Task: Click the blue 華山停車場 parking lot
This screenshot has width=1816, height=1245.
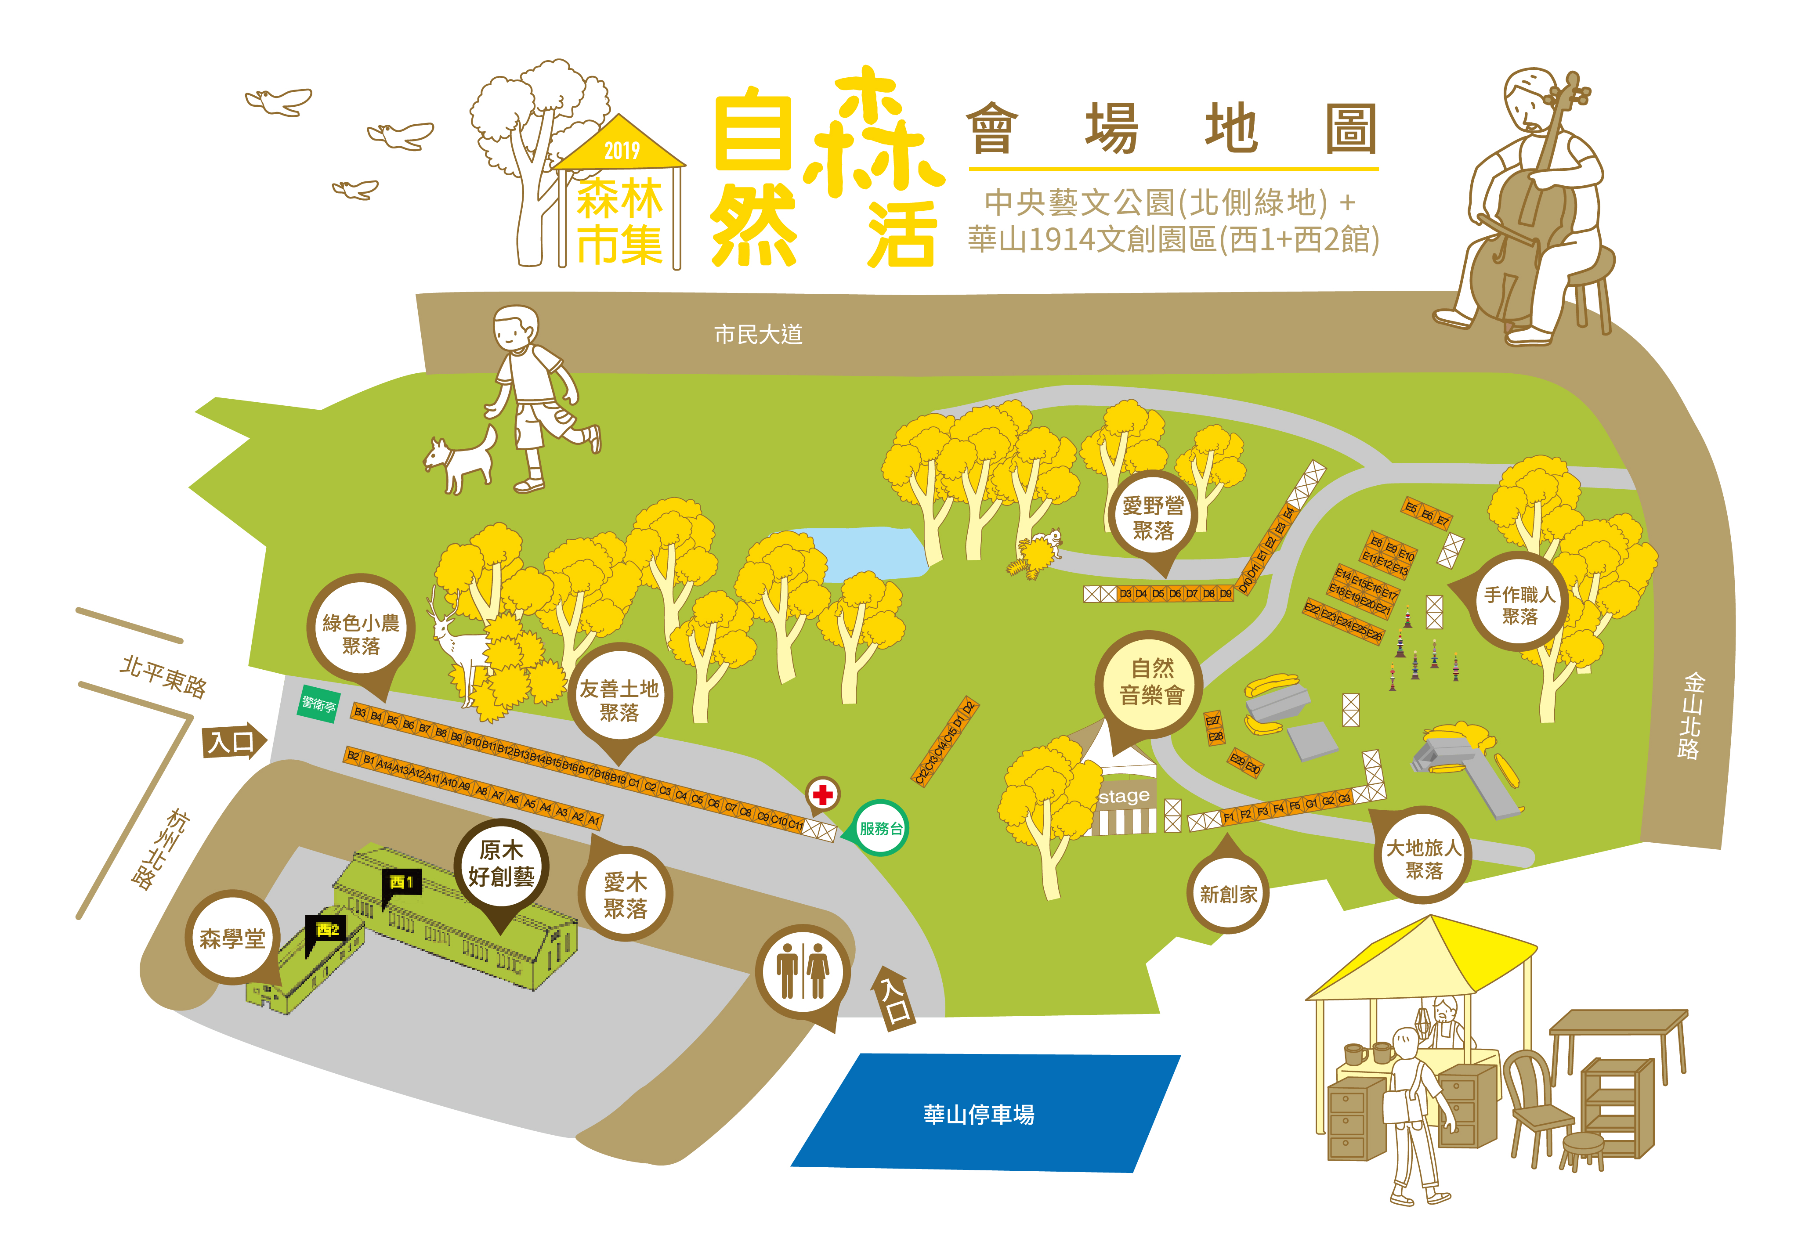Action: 984,1113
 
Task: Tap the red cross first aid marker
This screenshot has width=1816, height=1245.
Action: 822,794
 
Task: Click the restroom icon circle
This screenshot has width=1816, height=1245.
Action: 803,972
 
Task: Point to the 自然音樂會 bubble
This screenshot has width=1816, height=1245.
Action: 1151,682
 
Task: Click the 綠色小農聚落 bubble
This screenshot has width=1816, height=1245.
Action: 361,633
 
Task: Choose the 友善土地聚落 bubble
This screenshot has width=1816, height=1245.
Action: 619,700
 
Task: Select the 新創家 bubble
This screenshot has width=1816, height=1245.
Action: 1228,894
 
